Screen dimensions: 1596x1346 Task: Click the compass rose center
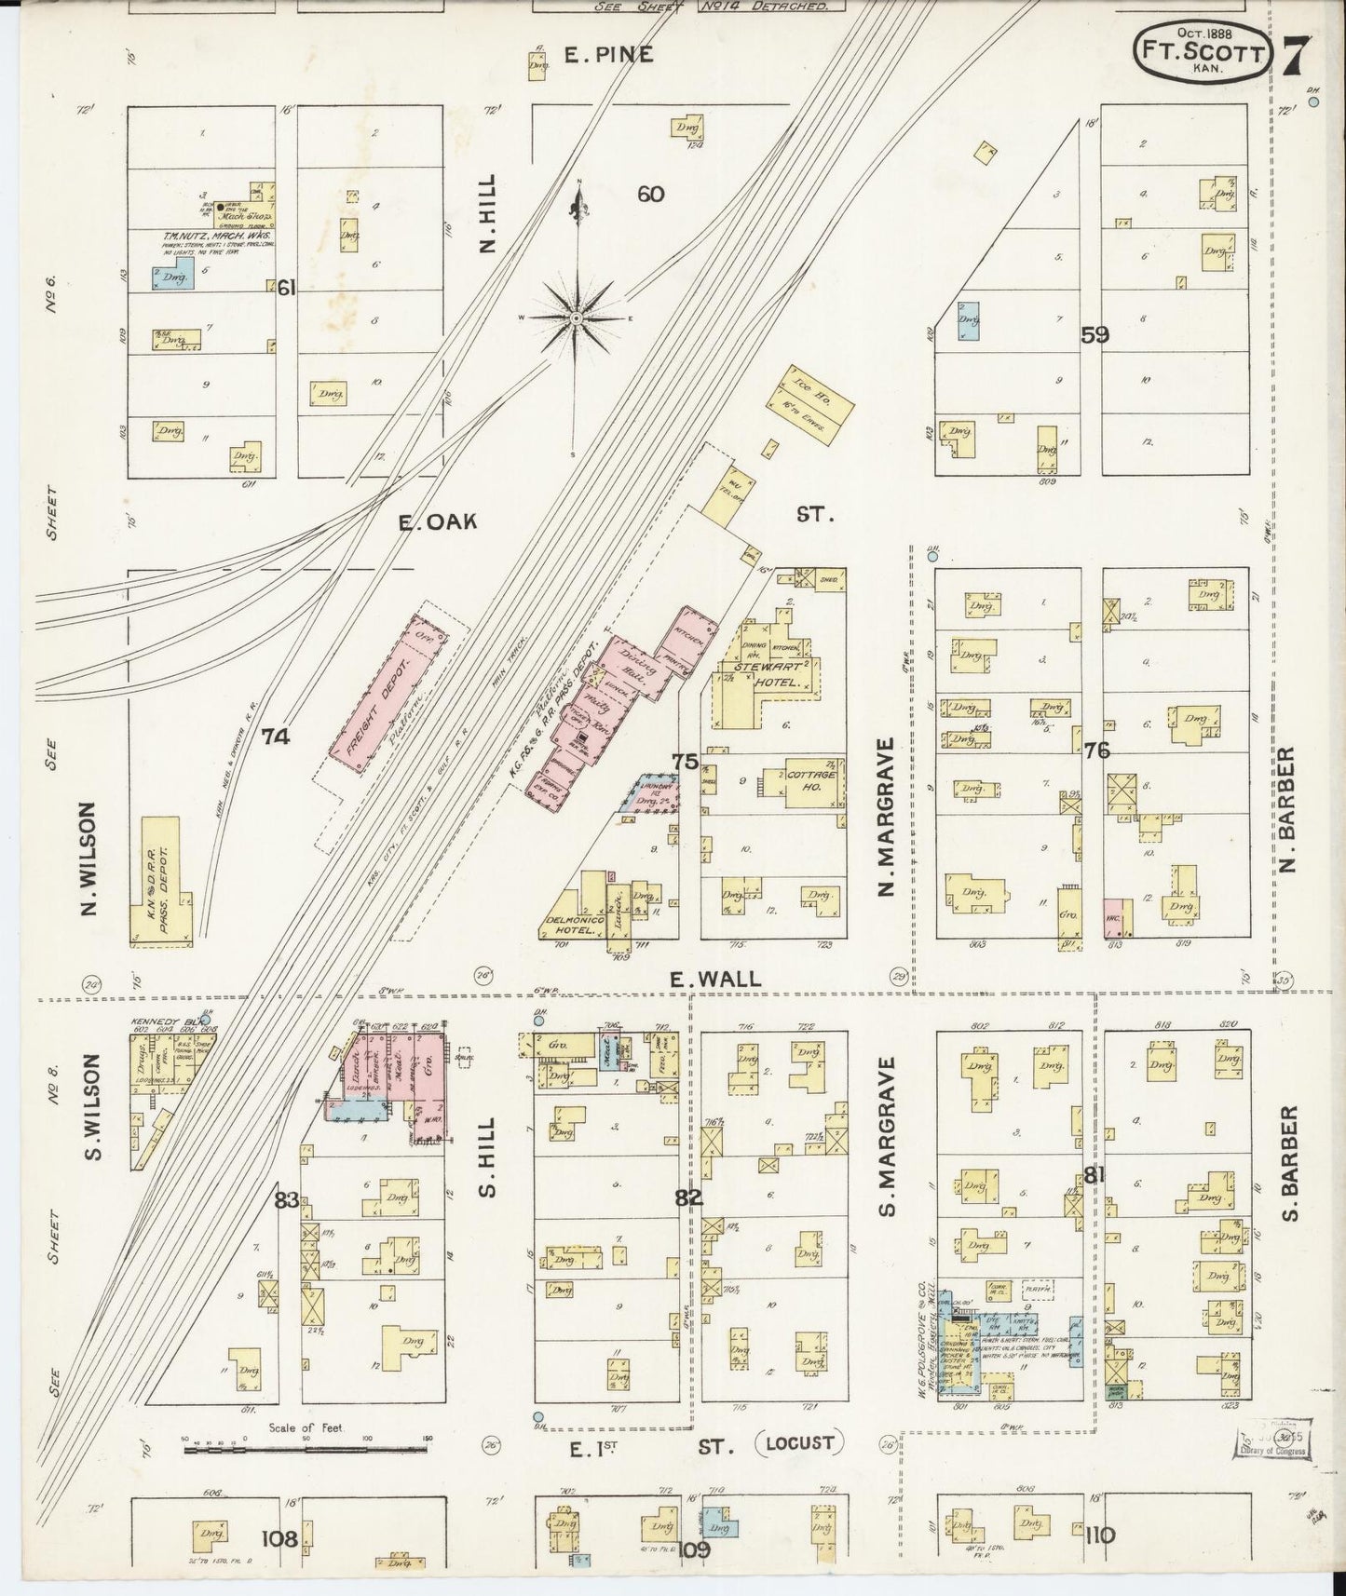pos(576,318)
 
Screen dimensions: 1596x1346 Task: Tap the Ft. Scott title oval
pos(1203,53)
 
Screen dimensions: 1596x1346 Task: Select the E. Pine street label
pos(609,56)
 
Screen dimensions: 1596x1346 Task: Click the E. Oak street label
pos(438,522)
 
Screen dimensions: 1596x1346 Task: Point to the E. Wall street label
pos(715,979)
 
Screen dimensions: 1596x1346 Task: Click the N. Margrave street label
pos(886,817)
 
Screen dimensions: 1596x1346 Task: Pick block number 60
pos(650,194)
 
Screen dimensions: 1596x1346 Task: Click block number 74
pos(276,737)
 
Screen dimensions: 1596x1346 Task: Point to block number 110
pos(1099,1535)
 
